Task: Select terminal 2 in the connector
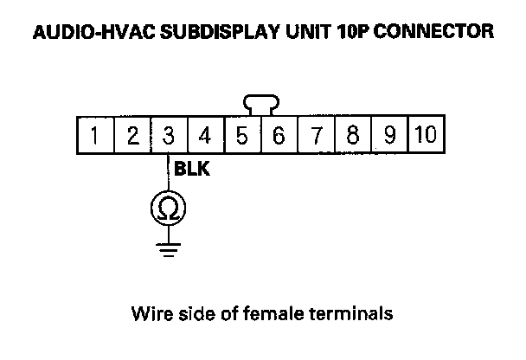point(131,136)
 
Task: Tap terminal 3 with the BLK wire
point(169,136)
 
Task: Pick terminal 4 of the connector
point(205,136)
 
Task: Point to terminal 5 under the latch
point(242,136)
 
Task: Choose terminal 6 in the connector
point(279,136)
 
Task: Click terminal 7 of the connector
point(316,136)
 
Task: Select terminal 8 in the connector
point(353,136)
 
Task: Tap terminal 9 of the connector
point(389,136)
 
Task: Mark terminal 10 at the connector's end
point(426,136)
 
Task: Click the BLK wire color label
point(192,170)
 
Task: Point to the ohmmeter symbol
point(168,209)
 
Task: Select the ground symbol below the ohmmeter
point(168,249)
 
